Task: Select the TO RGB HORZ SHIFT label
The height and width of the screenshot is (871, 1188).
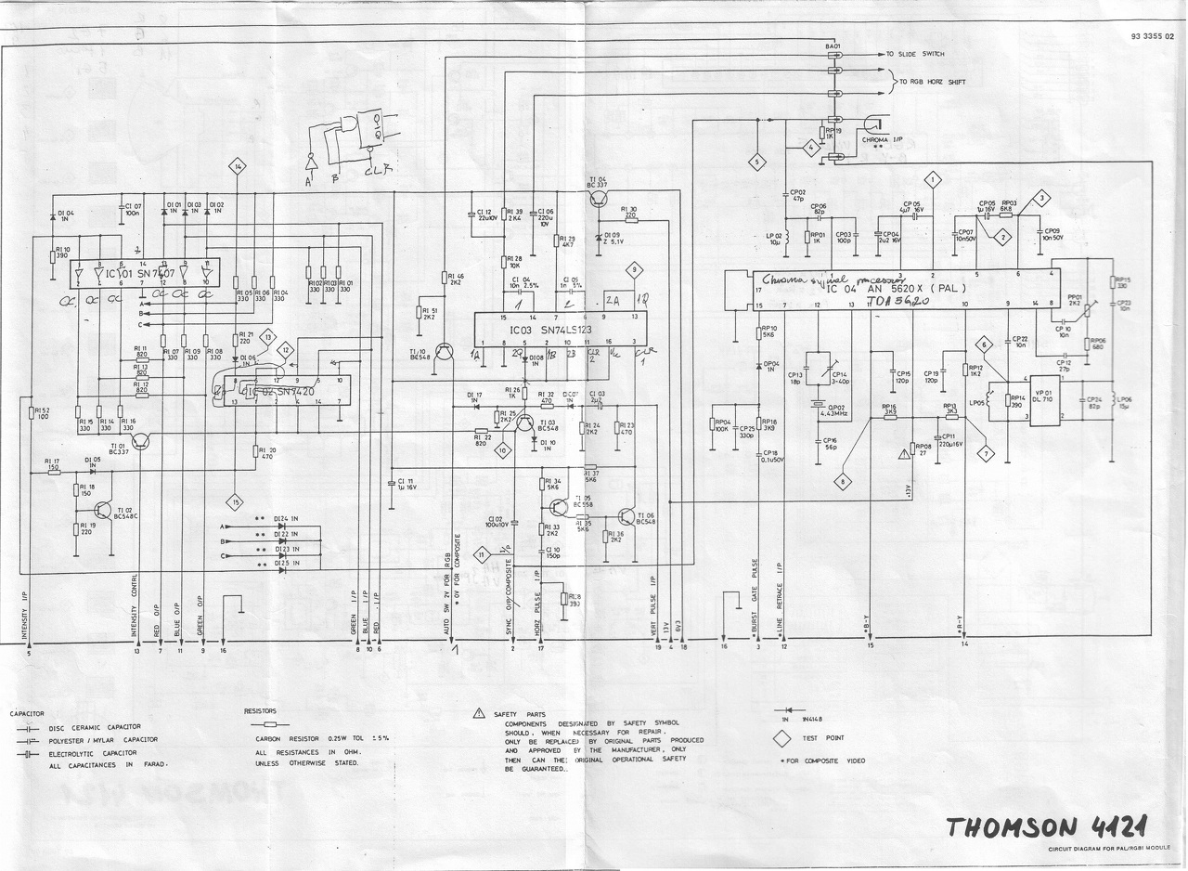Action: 932,83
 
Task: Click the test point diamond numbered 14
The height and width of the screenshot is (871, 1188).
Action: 239,167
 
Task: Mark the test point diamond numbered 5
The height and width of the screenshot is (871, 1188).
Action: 756,162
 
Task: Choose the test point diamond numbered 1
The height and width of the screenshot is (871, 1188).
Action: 932,178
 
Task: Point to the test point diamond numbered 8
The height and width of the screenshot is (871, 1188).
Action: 843,482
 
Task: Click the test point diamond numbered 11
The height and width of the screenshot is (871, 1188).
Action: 482,555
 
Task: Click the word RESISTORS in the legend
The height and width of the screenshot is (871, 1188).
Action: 261,710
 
